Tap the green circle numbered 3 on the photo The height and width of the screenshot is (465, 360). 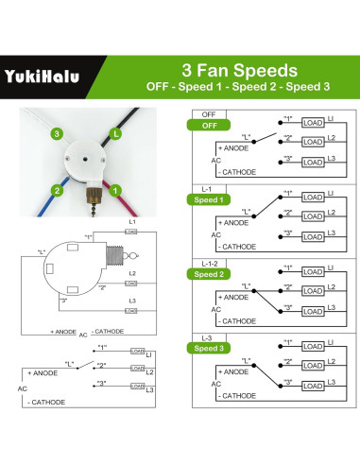[x=58, y=134]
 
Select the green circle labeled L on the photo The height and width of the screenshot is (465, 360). [x=116, y=134]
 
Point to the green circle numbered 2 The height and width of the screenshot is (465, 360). [x=58, y=190]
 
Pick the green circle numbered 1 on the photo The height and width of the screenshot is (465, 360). [x=116, y=190]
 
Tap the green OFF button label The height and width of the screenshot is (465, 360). [x=209, y=123]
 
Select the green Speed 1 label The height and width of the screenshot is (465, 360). [x=209, y=199]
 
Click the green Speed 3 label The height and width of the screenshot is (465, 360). [x=209, y=348]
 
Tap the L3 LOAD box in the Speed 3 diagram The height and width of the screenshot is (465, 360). [x=313, y=387]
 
